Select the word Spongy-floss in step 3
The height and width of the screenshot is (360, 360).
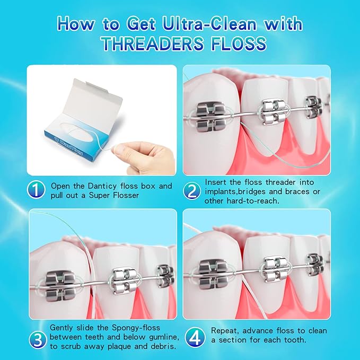point(135,328)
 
